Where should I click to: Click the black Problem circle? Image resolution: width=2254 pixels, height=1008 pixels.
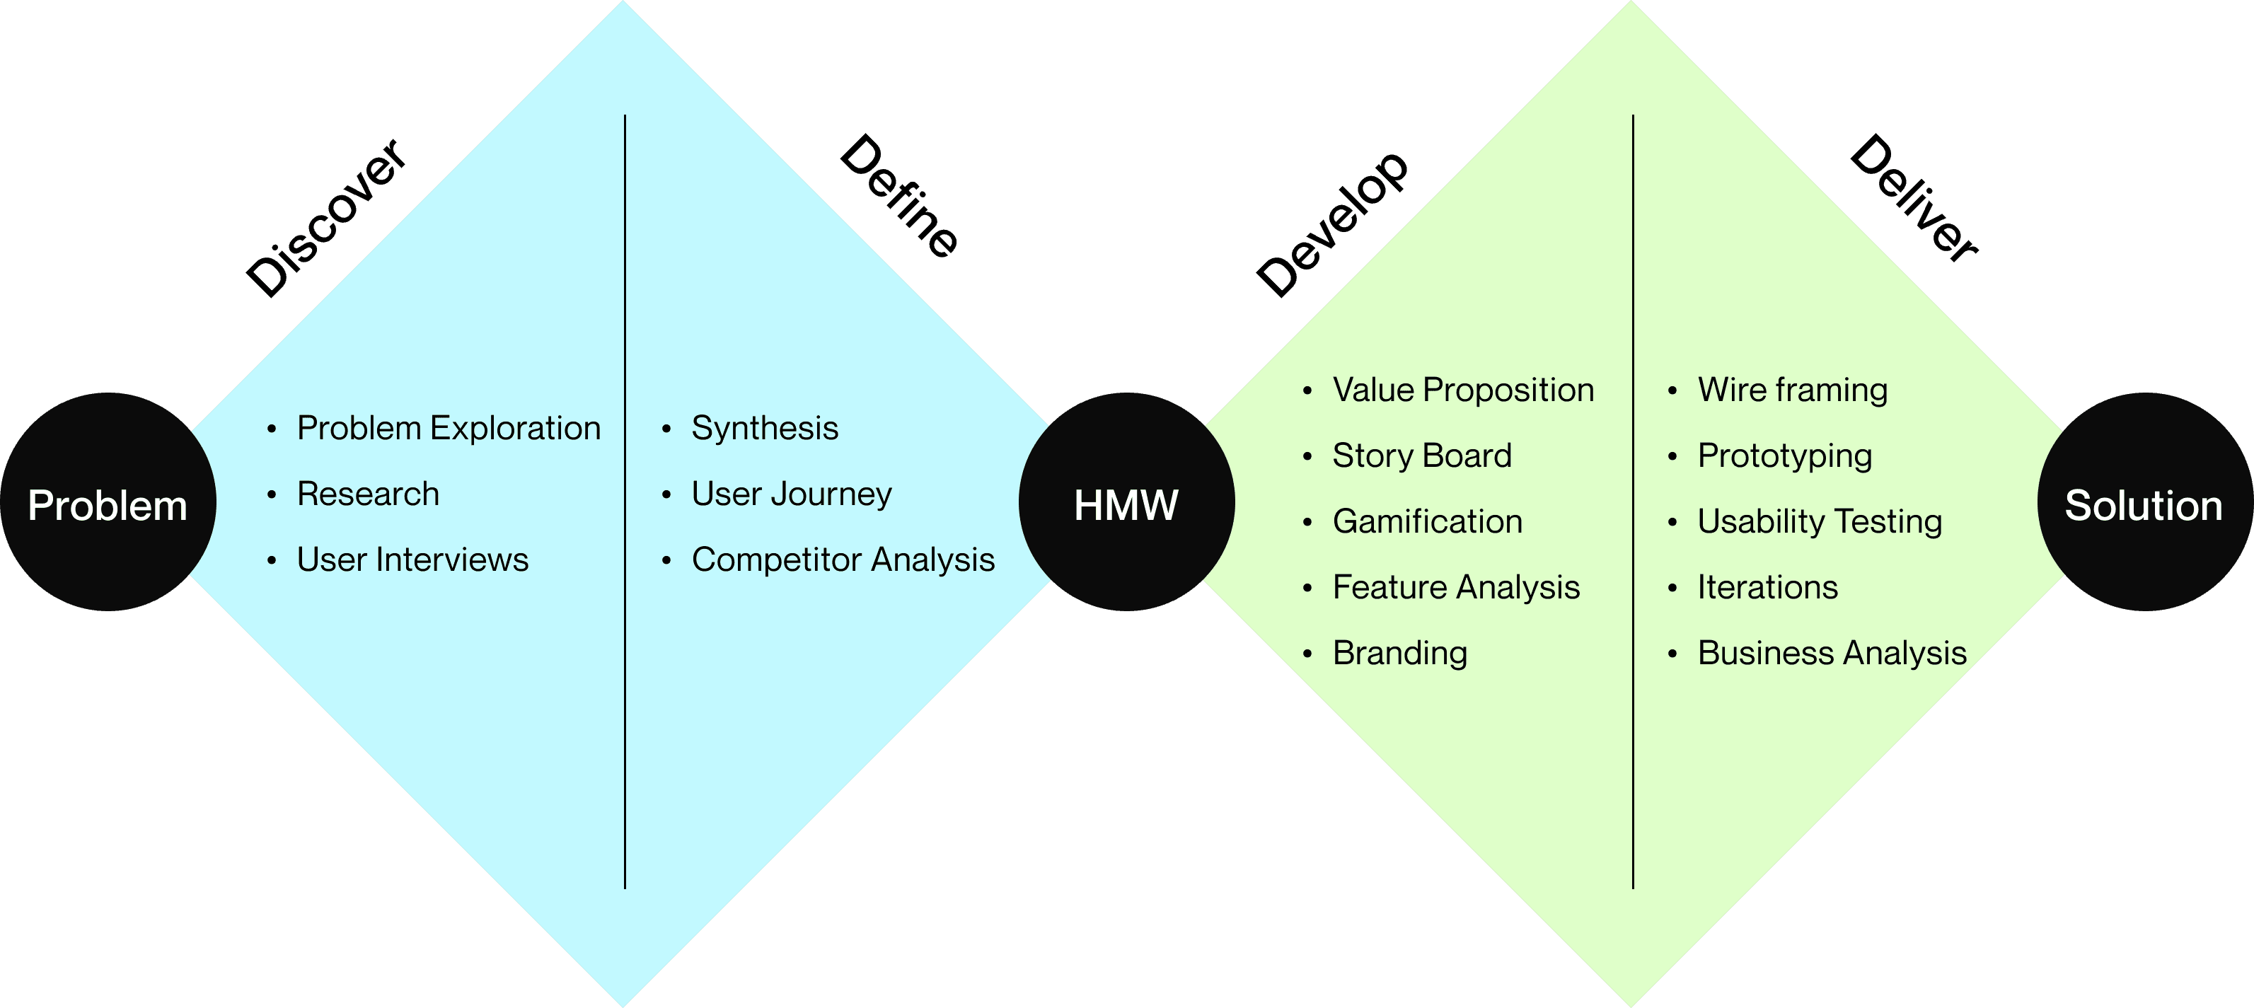pyautogui.click(x=108, y=503)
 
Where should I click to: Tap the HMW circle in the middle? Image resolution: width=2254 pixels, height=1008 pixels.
pyautogui.click(x=1126, y=503)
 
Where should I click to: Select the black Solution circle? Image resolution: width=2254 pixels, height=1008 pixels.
pyautogui.click(x=2144, y=503)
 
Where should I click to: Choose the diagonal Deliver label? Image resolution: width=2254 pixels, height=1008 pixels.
pyautogui.click(x=1914, y=198)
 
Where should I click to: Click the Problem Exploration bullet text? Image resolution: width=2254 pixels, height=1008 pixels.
pyautogui.click(x=449, y=428)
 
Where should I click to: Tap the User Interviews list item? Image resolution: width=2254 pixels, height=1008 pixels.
pyautogui.click(x=412, y=559)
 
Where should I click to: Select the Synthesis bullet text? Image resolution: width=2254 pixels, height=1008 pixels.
pyautogui.click(x=765, y=428)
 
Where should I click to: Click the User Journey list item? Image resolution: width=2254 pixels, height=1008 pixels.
pyautogui.click(x=791, y=494)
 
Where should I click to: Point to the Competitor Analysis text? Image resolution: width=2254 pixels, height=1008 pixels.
pyautogui.click(x=843, y=559)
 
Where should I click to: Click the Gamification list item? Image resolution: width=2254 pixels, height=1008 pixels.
pyautogui.click(x=1427, y=521)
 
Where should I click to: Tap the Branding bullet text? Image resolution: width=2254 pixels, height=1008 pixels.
pyautogui.click(x=1399, y=653)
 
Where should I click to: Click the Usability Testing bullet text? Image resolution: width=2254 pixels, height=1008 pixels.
pyautogui.click(x=1819, y=521)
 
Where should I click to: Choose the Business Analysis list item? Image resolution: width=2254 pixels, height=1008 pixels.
pyautogui.click(x=1832, y=653)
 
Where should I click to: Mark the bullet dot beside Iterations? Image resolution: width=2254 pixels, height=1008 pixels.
pyautogui.click(x=1672, y=588)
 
